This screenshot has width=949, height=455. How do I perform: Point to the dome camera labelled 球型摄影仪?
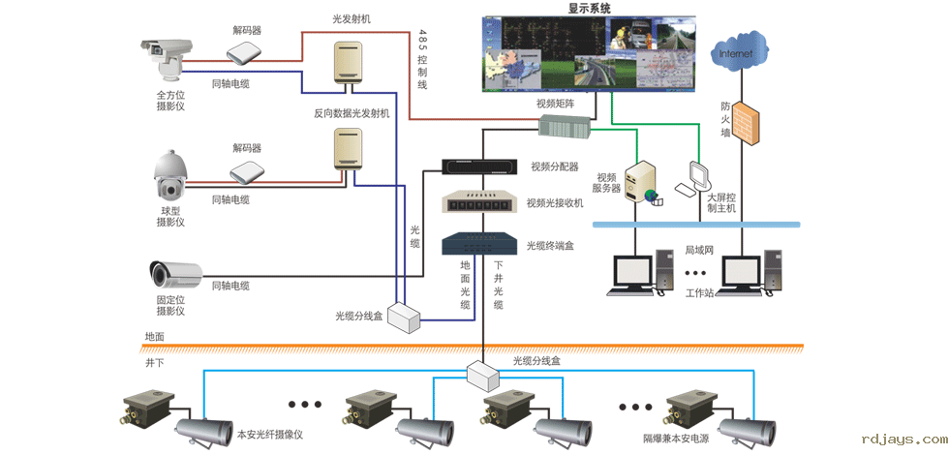point(170,175)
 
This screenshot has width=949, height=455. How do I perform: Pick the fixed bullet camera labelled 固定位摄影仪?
point(174,273)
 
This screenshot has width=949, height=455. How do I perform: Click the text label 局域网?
point(698,250)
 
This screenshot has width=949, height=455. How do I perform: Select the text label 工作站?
point(699,292)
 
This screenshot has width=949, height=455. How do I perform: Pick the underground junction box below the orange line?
point(481,374)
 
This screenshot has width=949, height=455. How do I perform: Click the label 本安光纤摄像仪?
point(270,435)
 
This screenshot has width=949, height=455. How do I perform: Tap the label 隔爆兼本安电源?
point(676,439)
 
